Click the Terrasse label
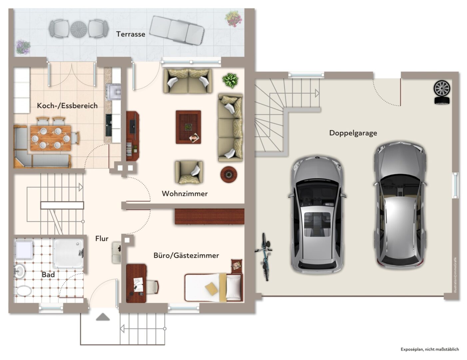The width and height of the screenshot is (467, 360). tap(131, 34)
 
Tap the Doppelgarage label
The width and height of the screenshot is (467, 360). tap(353, 133)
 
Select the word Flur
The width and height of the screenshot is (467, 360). tap(102, 238)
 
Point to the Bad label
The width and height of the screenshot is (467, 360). tap(48, 275)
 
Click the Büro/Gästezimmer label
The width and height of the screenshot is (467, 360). tap(186, 255)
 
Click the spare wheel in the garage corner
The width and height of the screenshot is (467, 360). tap(442, 92)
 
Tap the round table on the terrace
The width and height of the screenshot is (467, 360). tap(79, 29)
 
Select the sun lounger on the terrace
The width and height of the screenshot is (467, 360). tap(177, 30)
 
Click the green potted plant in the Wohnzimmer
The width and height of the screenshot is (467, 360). tap(230, 81)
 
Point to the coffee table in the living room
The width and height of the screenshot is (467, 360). tap(188, 127)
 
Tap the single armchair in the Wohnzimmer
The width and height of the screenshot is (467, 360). tap(189, 172)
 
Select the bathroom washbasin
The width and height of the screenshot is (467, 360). tap(19, 271)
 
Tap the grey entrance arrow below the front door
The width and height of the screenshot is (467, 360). tap(103, 317)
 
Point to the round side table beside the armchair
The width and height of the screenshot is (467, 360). tap(229, 175)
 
